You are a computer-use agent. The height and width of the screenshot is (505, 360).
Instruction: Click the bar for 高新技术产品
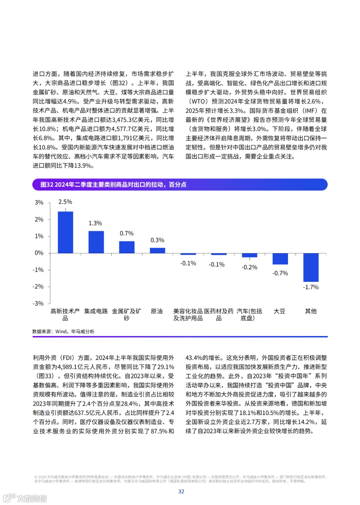point(65,232)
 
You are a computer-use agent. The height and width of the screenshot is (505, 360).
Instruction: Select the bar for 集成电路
point(96,242)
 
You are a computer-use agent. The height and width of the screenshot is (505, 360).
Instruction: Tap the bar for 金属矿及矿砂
point(127,247)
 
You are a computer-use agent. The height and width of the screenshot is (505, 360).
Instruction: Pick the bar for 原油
point(157,250)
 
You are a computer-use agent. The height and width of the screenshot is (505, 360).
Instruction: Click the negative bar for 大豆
point(280,259)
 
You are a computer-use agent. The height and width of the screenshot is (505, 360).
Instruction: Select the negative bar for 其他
point(311,267)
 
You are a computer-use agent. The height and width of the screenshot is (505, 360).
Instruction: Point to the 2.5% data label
point(65,202)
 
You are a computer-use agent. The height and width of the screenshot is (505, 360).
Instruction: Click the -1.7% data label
point(311,287)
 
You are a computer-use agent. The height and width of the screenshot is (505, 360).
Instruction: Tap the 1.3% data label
point(95,223)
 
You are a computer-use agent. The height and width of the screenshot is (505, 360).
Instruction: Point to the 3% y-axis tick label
point(39,203)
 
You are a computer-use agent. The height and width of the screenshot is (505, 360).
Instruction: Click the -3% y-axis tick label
point(38,303)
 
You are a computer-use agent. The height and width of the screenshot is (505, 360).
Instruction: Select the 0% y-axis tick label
point(39,253)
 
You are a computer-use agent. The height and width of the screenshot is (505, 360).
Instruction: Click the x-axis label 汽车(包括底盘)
point(249,315)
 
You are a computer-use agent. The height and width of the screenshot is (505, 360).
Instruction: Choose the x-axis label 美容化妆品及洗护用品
point(188,315)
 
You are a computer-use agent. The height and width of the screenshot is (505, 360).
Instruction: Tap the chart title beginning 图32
point(113,185)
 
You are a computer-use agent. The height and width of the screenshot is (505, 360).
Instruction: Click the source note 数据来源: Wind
point(63,332)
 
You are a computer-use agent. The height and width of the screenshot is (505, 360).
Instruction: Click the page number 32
point(181,491)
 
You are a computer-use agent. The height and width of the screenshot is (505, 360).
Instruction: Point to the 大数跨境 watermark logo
point(25,498)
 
